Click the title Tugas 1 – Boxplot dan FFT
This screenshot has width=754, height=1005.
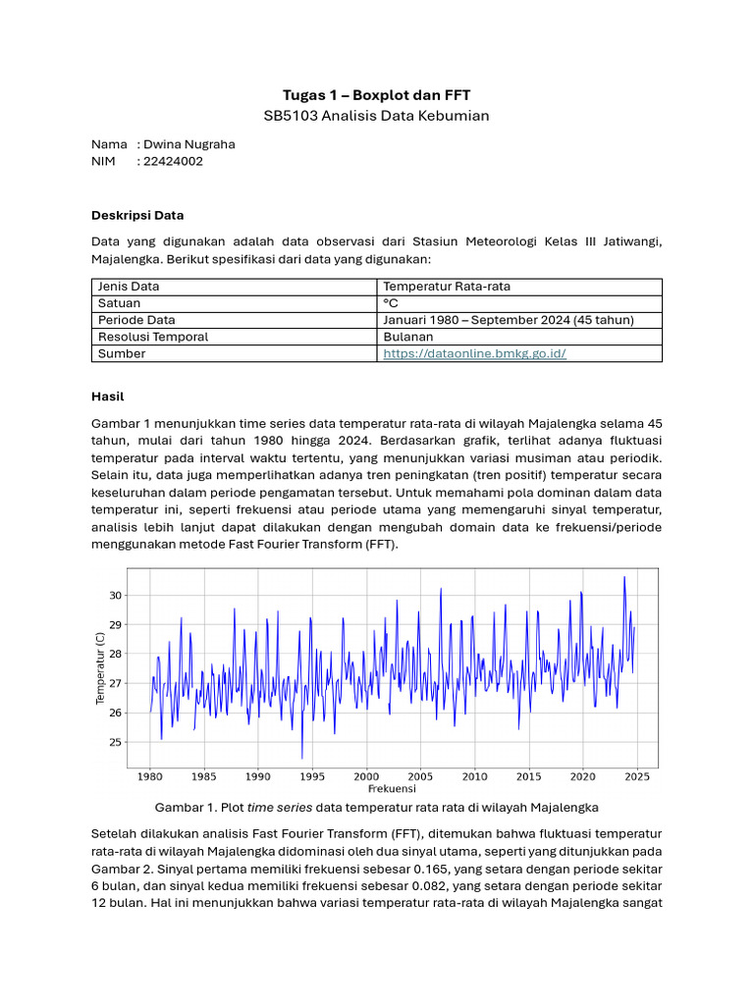[376, 95]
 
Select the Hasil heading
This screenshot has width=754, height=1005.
[108, 397]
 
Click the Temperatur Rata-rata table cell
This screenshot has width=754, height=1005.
[447, 287]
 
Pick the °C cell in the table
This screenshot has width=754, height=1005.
[391, 303]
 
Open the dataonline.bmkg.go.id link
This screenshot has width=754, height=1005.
[474, 353]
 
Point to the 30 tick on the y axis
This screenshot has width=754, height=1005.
[116, 596]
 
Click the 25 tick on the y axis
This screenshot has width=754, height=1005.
[116, 743]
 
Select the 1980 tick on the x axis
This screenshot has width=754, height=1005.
[149, 776]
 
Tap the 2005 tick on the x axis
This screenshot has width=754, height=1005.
[420, 776]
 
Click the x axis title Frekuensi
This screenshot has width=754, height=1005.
[392, 789]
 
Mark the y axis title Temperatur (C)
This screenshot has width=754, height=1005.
[100, 668]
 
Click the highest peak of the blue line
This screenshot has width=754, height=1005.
[624, 577]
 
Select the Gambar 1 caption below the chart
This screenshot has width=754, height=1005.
[377, 808]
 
